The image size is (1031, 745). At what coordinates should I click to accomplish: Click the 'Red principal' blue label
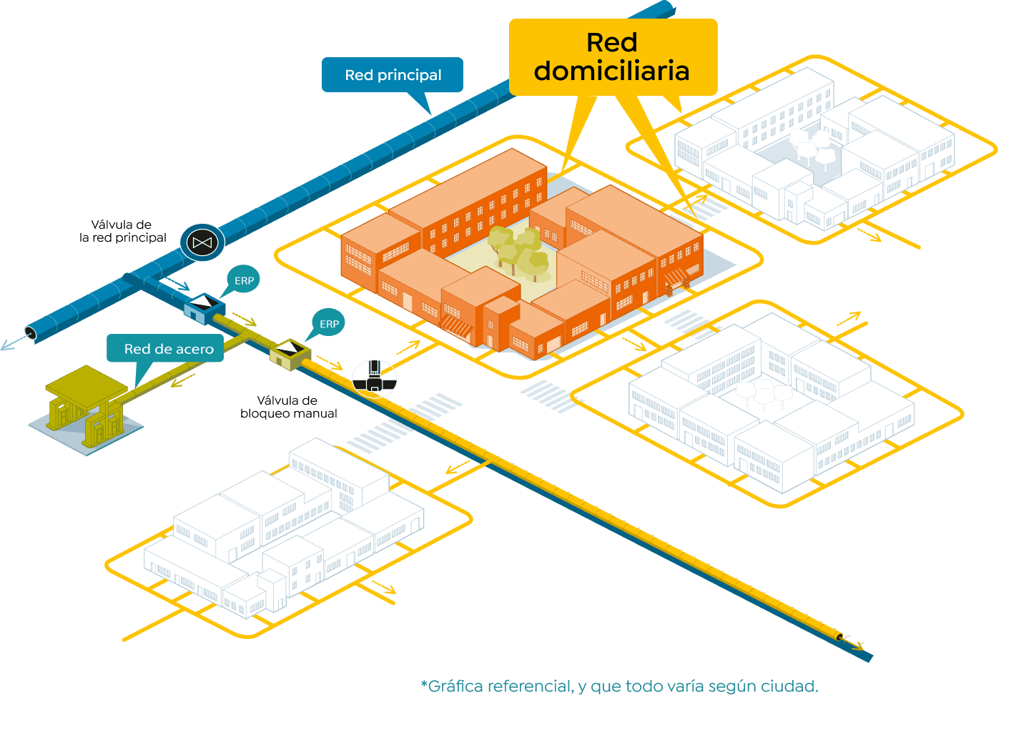392,75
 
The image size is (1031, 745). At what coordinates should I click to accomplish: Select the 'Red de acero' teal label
168,349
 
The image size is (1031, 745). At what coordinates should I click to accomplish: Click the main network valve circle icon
202,243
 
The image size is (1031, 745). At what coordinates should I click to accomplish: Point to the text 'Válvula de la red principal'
122,231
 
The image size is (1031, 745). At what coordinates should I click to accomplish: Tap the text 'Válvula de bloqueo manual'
288,407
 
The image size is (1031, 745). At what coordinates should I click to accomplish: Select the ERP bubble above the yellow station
329,324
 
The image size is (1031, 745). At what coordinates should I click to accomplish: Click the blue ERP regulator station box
204,308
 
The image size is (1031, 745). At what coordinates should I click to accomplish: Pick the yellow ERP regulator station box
290,353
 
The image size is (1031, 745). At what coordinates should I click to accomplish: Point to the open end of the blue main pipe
31,332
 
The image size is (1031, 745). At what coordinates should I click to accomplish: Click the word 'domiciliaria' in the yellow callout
611,71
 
